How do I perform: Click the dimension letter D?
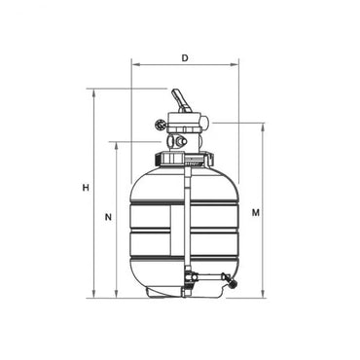pyautogui.click(x=184, y=57)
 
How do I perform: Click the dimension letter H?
pyautogui.click(x=86, y=188)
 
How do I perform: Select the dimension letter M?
pyautogui.click(x=255, y=211)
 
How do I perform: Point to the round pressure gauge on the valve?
pyautogui.click(x=161, y=125)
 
